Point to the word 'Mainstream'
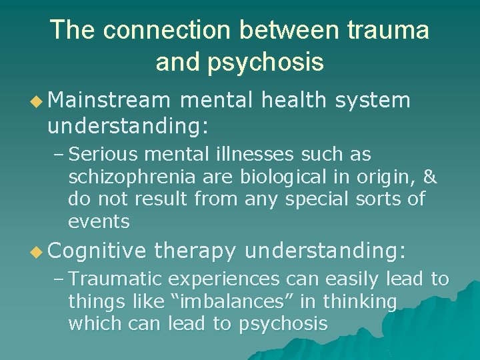point(109,100)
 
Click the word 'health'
point(294,100)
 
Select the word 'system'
point(373,100)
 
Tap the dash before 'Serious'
point(58,155)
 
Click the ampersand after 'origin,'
point(430,177)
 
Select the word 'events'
point(99,221)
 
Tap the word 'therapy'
point(195,251)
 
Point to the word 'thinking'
point(360,302)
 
